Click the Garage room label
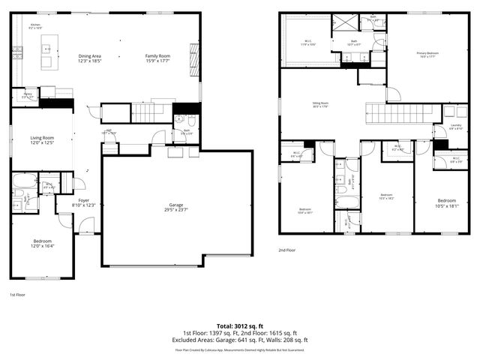[x=176, y=206]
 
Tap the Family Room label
[x=157, y=58]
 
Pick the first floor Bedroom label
[x=41, y=243]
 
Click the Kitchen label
[x=35, y=26]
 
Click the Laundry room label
[x=455, y=127]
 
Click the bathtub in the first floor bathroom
[x=21, y=181]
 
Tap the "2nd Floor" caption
[x=286, y=250]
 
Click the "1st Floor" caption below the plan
[x=18, y=295]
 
